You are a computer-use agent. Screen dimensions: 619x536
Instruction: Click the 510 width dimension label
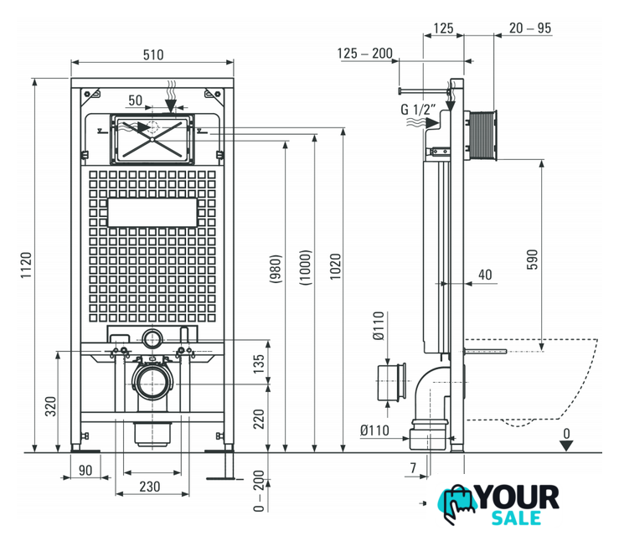point(153,55)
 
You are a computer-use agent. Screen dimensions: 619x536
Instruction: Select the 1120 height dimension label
point(26,265)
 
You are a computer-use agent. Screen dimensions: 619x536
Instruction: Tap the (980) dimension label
point(276,268)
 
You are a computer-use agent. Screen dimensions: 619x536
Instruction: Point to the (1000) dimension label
point(306,267)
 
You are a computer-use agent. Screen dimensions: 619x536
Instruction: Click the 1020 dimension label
point(336,267)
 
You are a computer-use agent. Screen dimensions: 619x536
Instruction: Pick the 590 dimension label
point(532,260)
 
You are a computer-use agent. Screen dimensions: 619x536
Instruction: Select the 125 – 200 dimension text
point(364,54)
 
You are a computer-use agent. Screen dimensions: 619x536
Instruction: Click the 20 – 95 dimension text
point(529,28)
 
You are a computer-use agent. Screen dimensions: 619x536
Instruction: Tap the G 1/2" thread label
point(418,110)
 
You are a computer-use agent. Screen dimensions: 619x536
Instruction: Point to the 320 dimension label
point(50,406)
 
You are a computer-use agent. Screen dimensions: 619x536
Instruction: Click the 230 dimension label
point(150,487)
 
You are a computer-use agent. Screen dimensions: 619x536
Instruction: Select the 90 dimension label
point(85,471)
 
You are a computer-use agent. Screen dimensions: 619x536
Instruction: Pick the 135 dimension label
point(259,364)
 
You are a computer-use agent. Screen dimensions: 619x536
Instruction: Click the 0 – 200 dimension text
point(259,491)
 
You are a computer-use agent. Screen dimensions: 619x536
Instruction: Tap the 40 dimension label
point(485,275)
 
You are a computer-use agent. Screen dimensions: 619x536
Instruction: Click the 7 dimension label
point(413,467)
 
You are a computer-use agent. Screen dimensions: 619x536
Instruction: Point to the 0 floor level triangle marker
point(566,446)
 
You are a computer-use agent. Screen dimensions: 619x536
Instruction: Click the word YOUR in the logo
point(518,497)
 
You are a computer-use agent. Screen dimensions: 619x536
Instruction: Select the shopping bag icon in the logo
point(457,503)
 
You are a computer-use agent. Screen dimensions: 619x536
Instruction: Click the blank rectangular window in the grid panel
point(152,213)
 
